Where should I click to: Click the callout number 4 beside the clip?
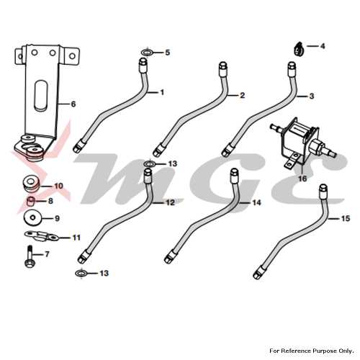[323, 46]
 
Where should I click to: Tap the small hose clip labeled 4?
[299, 49]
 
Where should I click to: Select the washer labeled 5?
[147, 52]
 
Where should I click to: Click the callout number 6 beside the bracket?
[73, 104]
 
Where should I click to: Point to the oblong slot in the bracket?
[40, 95]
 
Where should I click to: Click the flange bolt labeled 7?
[30, 256]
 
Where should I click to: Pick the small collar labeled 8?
[31, 201]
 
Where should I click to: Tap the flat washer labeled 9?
[32, 218]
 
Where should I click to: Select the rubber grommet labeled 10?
[32, 184]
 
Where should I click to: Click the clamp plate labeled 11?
[41, 235]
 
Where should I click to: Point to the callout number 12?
[170, 202]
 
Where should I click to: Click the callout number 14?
[256, 203]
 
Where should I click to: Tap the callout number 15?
[346, 218]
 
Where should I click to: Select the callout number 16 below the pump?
[302, 179]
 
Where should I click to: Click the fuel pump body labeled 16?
[303, 143]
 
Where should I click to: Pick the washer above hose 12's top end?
[150, 164]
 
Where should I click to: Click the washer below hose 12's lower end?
[81, 274]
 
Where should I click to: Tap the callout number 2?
[242, 95]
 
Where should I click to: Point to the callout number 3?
[312, 96]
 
